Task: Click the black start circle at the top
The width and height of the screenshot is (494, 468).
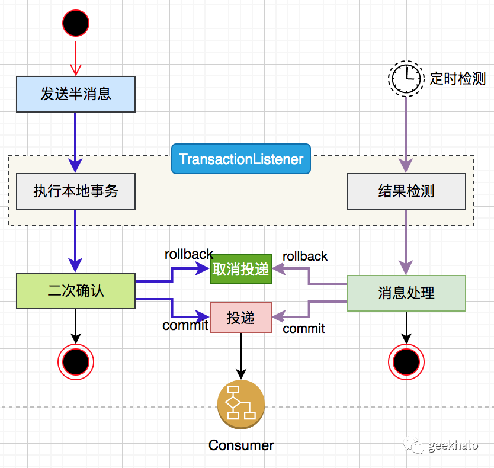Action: click(x=76, y=23)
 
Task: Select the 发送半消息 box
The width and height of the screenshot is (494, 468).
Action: click(x=76, y=94)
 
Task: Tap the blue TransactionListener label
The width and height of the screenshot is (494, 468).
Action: click(x=240, y=159)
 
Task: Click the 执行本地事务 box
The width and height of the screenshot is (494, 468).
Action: click(x=76, y=191)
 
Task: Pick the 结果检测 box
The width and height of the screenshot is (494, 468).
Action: click(x=406, y=191)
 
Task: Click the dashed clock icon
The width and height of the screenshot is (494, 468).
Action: click(x=406, y=78)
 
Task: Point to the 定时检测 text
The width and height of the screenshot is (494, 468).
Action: click(x=457, y=78)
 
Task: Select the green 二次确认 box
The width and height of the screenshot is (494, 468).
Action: click(x=76, y=291)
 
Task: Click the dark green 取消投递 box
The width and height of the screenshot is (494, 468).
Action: click(x=240, y=270)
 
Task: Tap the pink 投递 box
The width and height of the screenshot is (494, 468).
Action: click(x=240, y=318)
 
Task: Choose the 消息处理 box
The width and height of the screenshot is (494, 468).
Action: click(x=406, y=293)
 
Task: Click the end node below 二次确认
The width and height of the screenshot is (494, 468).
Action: click(x=76, y=360)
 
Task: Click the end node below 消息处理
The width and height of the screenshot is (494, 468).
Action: click(x=406, y=360)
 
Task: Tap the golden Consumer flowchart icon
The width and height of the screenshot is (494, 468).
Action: click(x=240, y=404)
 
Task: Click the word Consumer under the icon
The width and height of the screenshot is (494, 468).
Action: click(x=240, y=445)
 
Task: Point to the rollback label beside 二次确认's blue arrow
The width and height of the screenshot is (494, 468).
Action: click(x=188, y=254)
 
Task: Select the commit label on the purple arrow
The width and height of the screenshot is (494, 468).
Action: click(x=303, y=329)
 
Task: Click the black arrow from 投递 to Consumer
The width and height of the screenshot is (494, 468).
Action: click(x=240, y=355)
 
